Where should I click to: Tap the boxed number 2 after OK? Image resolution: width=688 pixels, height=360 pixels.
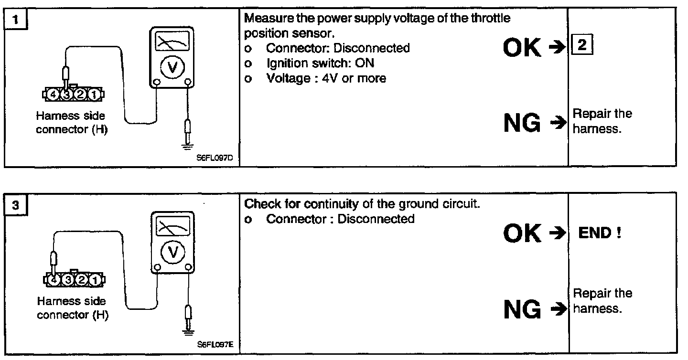click(581, 46)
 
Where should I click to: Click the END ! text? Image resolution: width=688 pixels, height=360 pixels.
click(600, 233)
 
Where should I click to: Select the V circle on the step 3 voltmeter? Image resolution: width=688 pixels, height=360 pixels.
click(171, 252)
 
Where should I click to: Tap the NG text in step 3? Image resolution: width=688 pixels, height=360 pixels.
click(522, 310)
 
